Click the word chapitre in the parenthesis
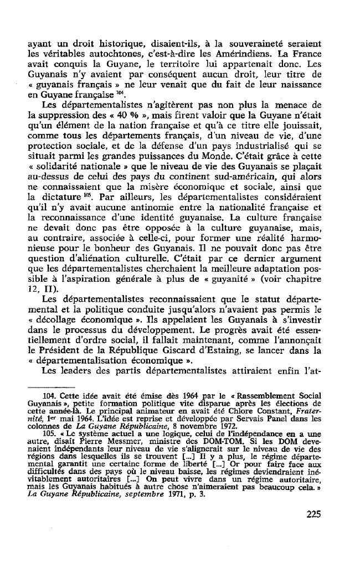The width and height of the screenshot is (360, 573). tap(300, 276)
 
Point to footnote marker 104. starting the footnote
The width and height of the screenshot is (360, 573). tap(53, 411)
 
